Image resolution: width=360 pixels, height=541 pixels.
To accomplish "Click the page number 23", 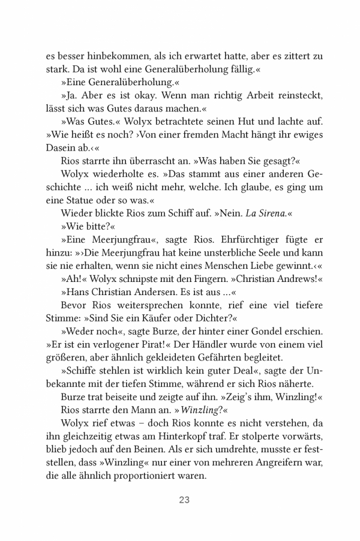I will (x=184, y=500).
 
